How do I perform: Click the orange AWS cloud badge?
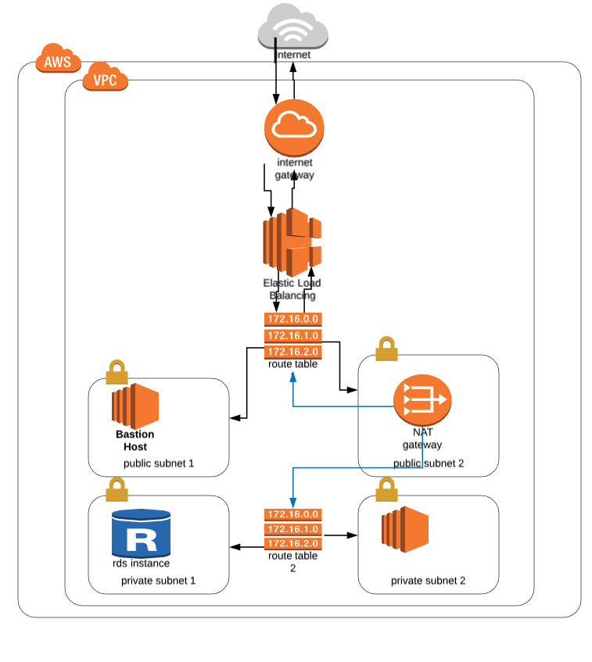[x=57, y=61]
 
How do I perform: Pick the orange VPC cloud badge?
[x=105, y=78]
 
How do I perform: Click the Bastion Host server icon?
[x=135, y=405]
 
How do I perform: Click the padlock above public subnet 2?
[x=386, y=349]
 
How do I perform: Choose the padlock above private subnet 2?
[x=386, y=490]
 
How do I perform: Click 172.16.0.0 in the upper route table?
[x=293, y=320]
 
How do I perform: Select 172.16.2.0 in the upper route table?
[x=293, y=352]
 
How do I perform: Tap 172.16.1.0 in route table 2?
[x=293, y=529]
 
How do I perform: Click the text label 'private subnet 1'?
[x=158, y=581]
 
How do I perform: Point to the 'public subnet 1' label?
[x=158, y=463]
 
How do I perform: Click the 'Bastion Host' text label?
[x=135, y=440]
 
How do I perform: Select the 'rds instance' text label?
[x=141, y=563]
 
